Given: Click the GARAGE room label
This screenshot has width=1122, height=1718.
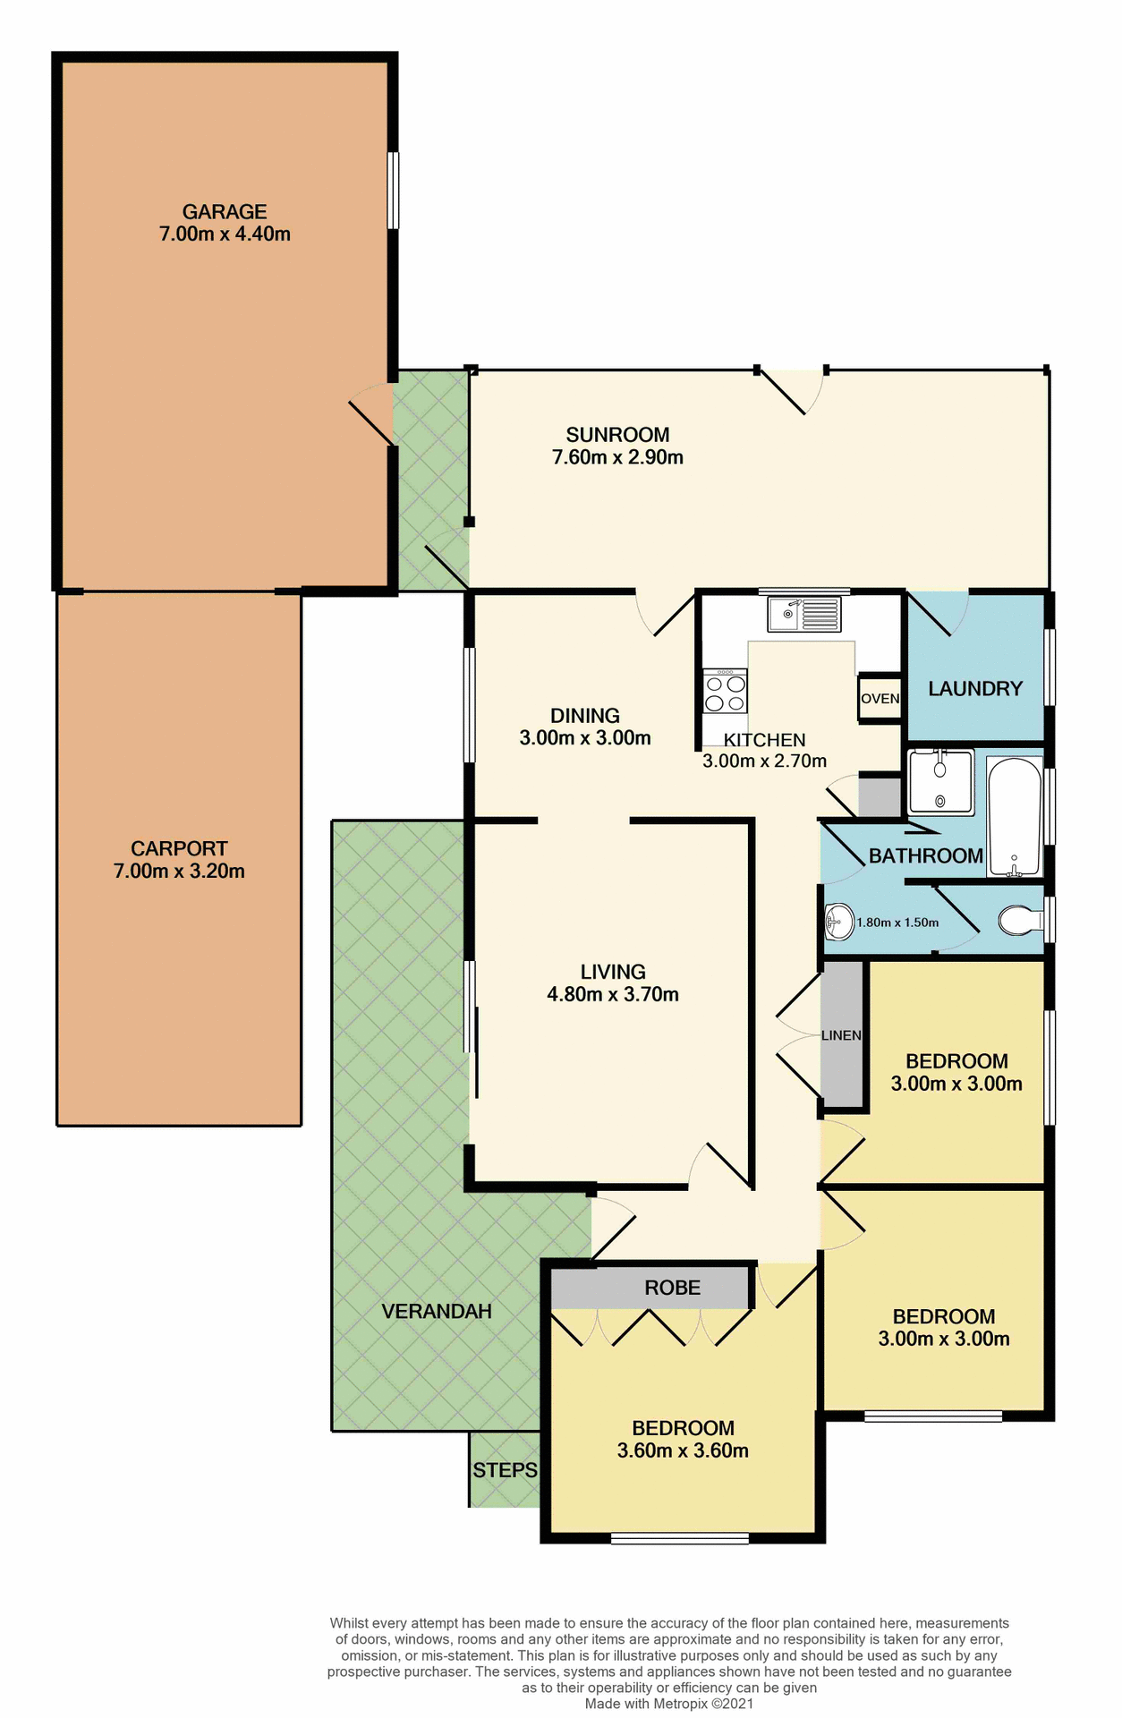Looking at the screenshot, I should click(225, 212).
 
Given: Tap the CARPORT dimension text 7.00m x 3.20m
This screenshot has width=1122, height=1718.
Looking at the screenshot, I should click(179, 871).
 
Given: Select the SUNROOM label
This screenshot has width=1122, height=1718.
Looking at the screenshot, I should click(617, 435).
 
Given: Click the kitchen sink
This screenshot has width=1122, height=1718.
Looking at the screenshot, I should click(803, 614).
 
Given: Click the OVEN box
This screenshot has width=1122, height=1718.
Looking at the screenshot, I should click(880, 698).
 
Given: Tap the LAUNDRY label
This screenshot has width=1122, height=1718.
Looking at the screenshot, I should click(974, 688).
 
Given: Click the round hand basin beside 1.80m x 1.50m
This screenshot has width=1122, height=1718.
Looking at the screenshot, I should click(838, 921).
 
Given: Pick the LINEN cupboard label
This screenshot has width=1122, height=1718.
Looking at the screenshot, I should click(841, 1035).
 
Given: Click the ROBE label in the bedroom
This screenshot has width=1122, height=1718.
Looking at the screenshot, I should click(672, 1288).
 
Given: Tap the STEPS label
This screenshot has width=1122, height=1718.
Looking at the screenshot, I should click(505, 1470).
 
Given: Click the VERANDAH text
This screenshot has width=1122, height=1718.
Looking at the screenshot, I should click(437, 1311).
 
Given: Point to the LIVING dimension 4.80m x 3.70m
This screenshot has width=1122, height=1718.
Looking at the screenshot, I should click(613, 994).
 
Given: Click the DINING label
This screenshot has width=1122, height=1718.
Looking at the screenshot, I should click(584, 716).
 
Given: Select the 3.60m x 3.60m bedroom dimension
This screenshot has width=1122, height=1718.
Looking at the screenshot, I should click(683, 1450).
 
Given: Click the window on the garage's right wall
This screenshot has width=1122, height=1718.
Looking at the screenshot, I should click(392, 191).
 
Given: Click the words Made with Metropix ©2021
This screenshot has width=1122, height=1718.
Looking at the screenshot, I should click(669, 1704).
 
